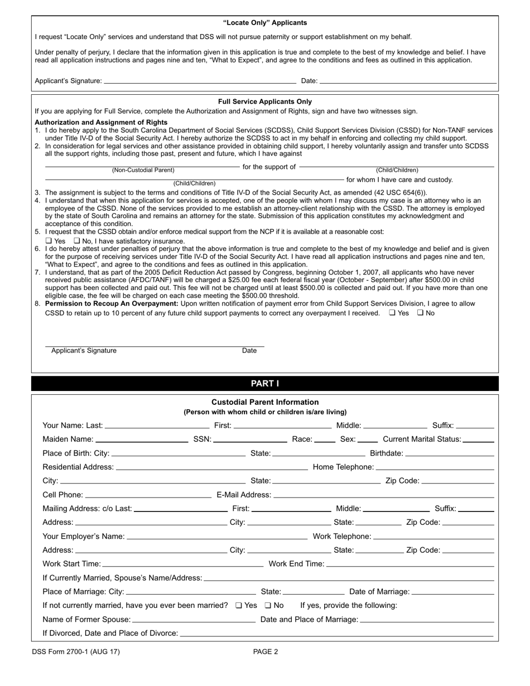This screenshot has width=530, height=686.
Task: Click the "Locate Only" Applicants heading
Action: (265, 23)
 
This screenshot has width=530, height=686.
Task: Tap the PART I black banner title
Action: (265, 384)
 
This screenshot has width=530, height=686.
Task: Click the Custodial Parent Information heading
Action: (265, 402)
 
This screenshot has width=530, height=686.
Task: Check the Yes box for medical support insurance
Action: (49, 241)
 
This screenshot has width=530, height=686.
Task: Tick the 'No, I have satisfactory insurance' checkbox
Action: (77, 241)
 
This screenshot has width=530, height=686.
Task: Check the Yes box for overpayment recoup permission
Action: (392, 313)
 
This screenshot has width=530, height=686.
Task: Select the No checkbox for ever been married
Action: (268, 605)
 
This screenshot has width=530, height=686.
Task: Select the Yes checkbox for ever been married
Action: (239, 605)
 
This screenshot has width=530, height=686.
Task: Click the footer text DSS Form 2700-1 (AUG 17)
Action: (76, 651)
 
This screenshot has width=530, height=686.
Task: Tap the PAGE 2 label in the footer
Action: (266, 651)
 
